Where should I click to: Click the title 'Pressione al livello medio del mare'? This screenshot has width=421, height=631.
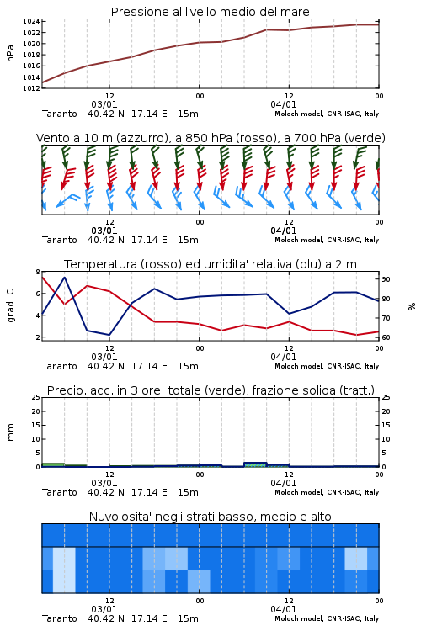point(210,12)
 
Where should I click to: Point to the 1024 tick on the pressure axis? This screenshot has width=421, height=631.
point(31,21)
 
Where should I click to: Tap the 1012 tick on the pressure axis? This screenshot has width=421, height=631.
point(31,88)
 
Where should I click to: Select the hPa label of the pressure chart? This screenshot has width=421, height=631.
point(10,53)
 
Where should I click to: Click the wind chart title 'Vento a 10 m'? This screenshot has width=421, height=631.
point(74,138)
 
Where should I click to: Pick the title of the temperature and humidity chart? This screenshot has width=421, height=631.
point(210,264)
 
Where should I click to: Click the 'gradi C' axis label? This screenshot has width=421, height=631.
point(10,305)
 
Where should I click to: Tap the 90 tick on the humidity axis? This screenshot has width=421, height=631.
point(386,279)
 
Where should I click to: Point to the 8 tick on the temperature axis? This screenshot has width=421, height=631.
point(38,272)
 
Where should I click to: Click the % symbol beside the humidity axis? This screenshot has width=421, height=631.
point(412,306)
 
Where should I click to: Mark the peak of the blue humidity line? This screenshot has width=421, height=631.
point(65,278)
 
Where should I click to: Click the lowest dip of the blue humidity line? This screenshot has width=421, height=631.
point(109,335)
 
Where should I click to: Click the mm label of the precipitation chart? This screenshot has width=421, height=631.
point(10,432)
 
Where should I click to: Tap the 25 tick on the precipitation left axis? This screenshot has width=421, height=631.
point(36,398)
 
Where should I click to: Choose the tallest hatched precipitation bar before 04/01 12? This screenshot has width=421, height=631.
point(255,464)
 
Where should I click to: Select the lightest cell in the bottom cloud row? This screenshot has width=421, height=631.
point(64,581)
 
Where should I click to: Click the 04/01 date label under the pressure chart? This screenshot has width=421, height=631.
point(283,104)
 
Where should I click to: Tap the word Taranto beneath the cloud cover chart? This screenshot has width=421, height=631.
point(60,618)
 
